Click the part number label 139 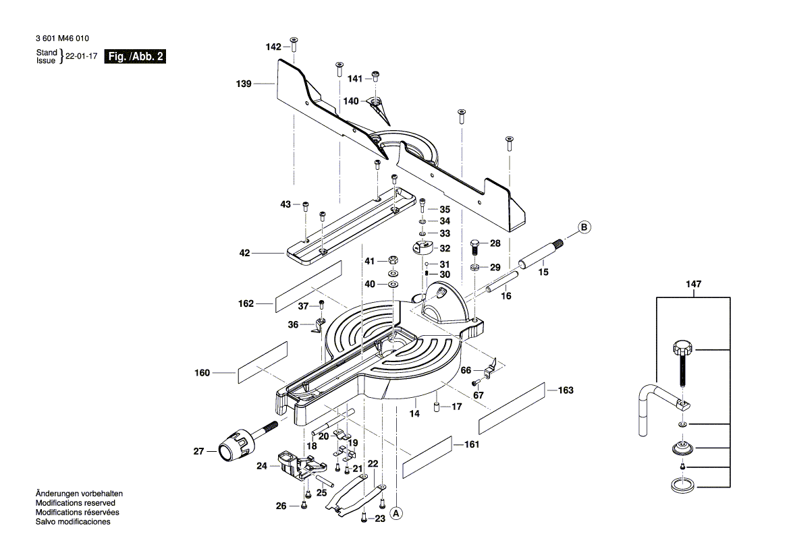(244, 84)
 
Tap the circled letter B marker (584, 227)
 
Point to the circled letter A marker (397, 513)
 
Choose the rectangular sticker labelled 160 (262, 363)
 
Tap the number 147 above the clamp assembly (694, 285)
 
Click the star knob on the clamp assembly (682, 349)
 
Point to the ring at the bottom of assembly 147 (682, 484)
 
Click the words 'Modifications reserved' (75, 503)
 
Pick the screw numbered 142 (294, 45)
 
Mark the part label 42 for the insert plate (244, 254)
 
